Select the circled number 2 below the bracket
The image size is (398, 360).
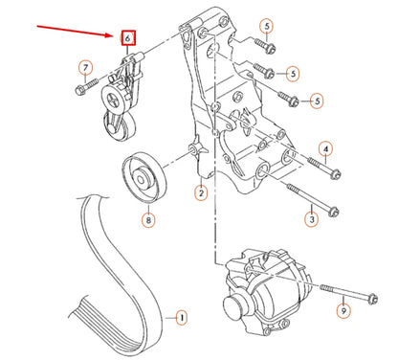(201, 194)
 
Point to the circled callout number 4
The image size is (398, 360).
(326, 149)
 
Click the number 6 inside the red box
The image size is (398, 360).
(125, 39)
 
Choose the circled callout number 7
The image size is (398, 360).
(86, 67)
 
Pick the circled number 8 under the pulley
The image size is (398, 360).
(147, 219)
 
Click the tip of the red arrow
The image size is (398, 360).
(114, 34)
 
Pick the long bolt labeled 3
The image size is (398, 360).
(305, 201)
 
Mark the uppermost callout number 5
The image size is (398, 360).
(266, 27)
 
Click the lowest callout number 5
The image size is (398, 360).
(316, 100)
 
